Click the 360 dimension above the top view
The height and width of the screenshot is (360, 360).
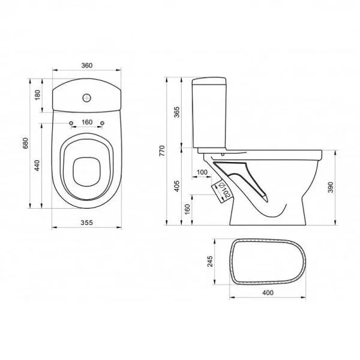pos(87,65)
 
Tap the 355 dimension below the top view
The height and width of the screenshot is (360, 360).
pos(87,223)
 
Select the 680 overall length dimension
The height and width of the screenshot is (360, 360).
pos(25,143)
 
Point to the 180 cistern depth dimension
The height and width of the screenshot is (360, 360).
pos(37,95)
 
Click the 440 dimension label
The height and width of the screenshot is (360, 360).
pos(37,166)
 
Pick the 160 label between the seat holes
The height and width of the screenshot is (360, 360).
pos(87,122)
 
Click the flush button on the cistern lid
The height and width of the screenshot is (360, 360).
pos(87,98)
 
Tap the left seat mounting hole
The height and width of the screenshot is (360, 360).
pos(71,123)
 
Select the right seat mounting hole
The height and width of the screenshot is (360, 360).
pos(102,123)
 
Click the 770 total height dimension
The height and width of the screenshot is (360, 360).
pos(162,151)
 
